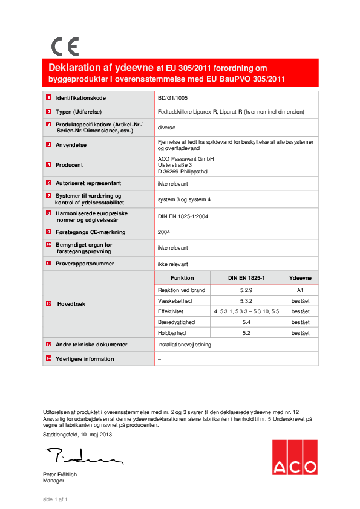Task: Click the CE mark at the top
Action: coord(65,47)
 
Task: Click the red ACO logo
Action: coord(294,457)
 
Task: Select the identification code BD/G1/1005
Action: coord(172,97)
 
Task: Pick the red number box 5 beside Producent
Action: coord(48,164)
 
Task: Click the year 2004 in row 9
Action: coord(164,232)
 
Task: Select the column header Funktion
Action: coord(182,278)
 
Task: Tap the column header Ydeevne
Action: coord(300,278)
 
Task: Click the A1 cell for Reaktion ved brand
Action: coord(300,290)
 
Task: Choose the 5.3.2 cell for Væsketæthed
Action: coord(246,300)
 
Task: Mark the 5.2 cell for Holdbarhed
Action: coord(246,333)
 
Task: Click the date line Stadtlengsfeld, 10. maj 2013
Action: coord(77,435)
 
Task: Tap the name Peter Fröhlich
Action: coord(60,475)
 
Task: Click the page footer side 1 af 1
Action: coord(55,499)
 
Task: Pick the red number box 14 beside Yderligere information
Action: coord(48,359)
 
